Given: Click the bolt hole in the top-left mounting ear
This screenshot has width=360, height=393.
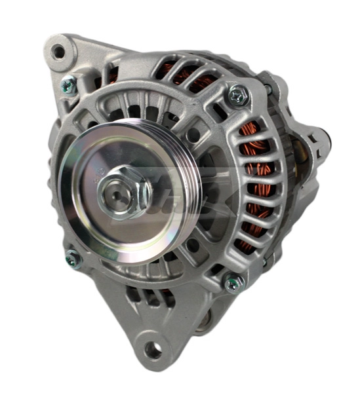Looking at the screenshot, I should (60, 52).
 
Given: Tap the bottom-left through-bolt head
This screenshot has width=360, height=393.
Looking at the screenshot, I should (71, 259).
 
